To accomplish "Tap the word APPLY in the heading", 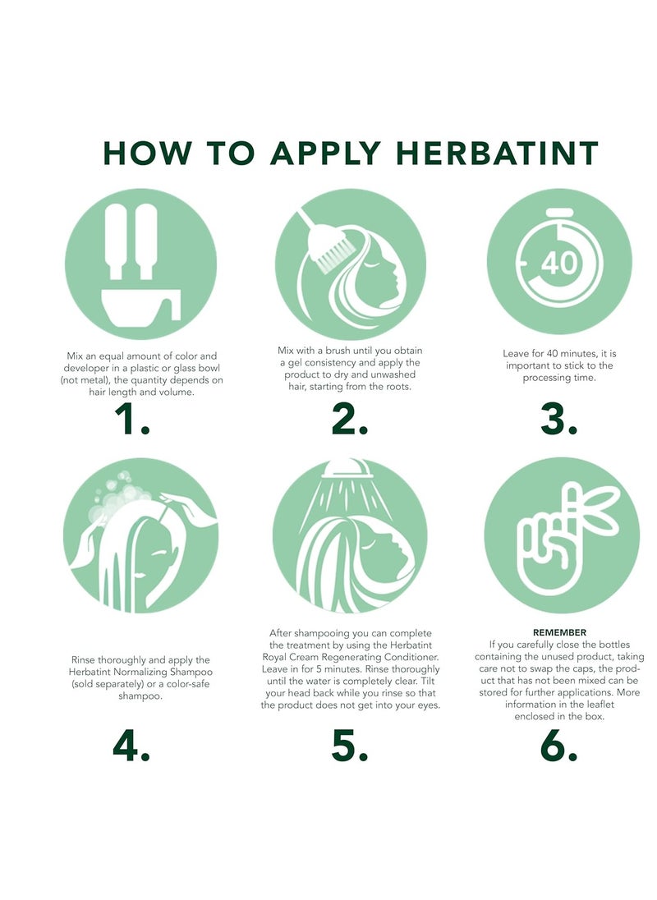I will coord(326,154).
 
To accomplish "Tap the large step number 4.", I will coord(131,745).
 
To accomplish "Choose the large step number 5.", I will coord(349,745).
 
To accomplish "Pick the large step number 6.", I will coord(559,745).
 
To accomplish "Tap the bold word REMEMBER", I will coord(559,633).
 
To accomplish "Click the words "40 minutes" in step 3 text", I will coord(559,354).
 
